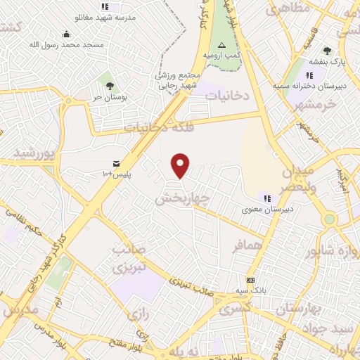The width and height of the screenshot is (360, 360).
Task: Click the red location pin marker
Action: [x=181, y=165]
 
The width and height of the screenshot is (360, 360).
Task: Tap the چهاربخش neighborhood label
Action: [x=182, y=199]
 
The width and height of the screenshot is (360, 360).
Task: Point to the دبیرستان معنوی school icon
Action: [x=267, y=198]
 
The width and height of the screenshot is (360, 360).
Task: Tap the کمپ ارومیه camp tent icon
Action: [x=221, y=44]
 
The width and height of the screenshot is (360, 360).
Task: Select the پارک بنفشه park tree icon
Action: [x=327, y=51]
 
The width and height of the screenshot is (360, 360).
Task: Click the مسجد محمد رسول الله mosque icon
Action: [x=66, y=34]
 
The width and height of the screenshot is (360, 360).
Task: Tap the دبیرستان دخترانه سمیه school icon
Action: [x=309, y=76]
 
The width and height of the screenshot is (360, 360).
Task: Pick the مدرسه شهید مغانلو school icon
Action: [x=105, y=6]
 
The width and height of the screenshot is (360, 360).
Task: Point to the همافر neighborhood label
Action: [x=247, y=245]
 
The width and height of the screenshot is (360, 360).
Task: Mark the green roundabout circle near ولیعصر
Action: [x=329, y=219]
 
